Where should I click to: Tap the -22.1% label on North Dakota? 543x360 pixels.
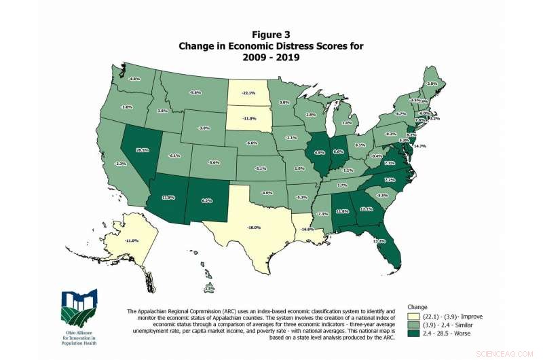249,92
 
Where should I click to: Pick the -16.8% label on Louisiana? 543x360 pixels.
307,230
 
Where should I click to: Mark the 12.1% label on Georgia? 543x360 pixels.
367,209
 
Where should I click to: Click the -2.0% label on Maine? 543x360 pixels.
431,84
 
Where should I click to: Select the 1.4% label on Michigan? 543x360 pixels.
346,123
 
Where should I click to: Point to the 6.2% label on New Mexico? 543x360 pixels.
207,200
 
